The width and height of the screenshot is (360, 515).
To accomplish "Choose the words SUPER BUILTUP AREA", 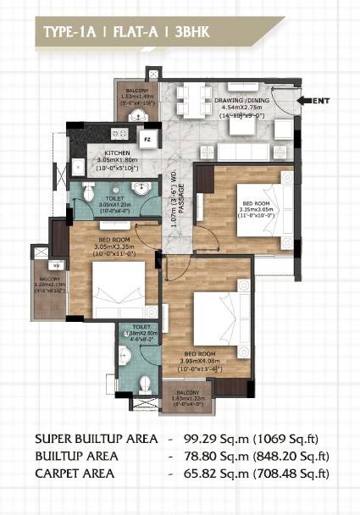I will coord(95,439).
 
